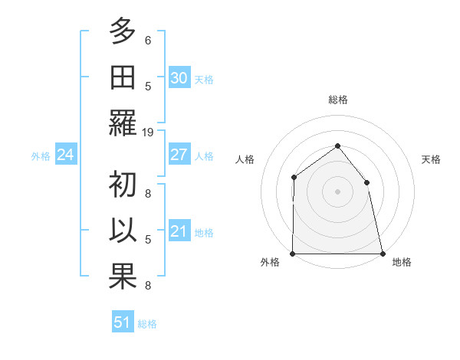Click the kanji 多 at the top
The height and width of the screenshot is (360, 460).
[x=123, y=33]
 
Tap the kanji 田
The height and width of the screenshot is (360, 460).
[x=123, y=78]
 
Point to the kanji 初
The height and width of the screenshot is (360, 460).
[x=123, y=185]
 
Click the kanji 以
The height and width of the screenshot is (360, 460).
[x=123, y=231]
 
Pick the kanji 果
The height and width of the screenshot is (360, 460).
[x=123, y=277]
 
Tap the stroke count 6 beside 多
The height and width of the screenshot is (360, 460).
[x=148, y=41]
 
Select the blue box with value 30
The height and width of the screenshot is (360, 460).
[x=179, y=78]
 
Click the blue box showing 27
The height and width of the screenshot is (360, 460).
[x=179, y=155]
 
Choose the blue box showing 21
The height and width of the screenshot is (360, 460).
[x=179, y=231]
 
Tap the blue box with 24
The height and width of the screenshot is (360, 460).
[x=65, y=155]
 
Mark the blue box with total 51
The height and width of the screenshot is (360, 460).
[x=123, y=322]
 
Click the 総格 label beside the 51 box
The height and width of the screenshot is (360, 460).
[x=147, y=324]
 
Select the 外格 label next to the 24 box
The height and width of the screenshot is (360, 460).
[x=41, y=156]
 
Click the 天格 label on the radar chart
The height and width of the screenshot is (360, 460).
[x=431, y=160]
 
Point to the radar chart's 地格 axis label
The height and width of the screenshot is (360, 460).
[x=402, y=262]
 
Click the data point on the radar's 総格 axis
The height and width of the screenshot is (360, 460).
[x=337, y=146]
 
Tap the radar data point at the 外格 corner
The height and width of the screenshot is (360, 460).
[x=293, y=253]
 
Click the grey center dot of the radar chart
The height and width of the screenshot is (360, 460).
[x=337, y=191]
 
